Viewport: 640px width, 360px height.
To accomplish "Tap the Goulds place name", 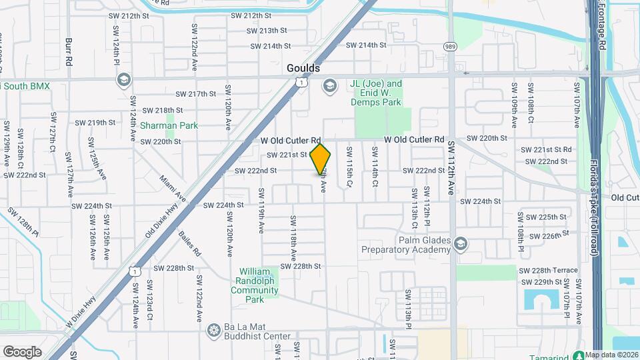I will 303,68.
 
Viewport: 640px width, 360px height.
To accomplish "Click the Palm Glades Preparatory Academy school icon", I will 459,245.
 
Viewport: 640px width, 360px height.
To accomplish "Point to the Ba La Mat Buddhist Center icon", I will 213,330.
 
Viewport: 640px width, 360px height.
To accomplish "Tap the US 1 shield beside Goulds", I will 303,82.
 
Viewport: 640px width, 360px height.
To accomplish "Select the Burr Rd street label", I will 69,51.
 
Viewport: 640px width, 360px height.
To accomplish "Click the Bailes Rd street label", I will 190,245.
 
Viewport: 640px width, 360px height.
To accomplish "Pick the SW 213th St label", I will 263,31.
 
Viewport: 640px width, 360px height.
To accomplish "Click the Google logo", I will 22,351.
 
